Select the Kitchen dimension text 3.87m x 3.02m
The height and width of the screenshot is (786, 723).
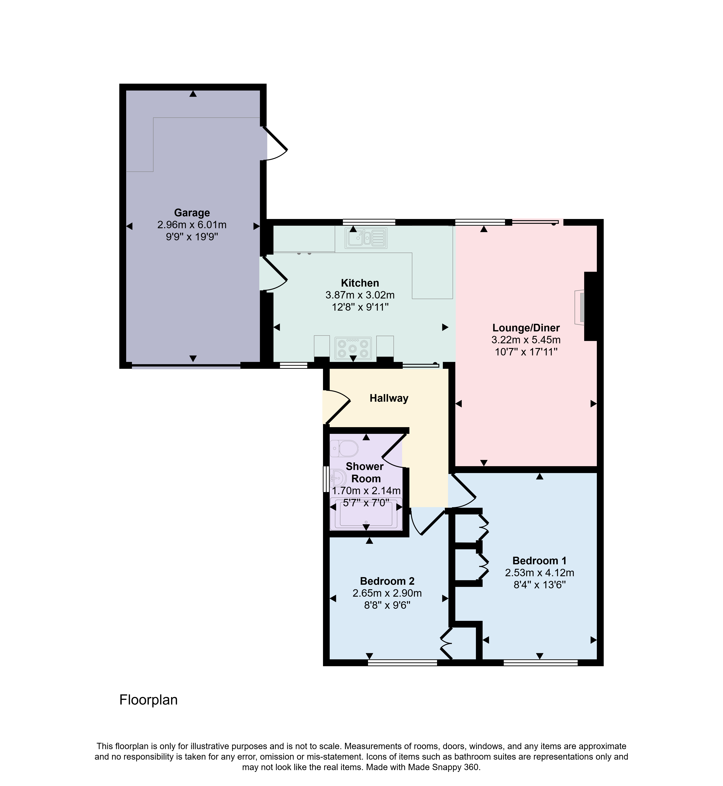360,295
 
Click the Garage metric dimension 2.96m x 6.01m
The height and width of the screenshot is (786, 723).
192,225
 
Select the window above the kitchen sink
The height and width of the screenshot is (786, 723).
369,222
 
